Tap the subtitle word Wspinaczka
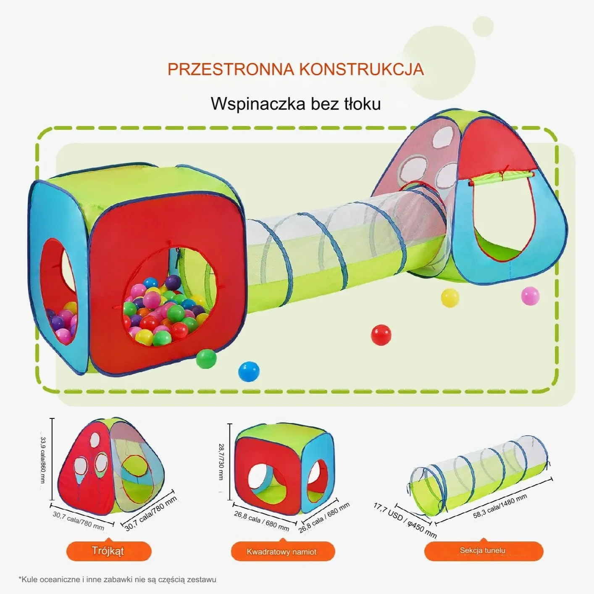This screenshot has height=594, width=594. click(258, 104)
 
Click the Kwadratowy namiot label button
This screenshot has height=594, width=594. click(283, 552)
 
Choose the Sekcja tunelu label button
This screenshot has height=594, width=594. click(484, 551)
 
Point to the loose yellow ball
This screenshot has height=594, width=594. click(450, 297)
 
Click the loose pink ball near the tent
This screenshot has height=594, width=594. click(530, 296)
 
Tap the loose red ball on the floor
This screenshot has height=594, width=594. click(381, 335)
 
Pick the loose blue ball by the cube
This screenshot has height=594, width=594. click(249, 371)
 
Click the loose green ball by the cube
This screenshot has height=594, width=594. click(206, 359)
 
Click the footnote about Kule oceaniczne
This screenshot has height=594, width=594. click(117, 579)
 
